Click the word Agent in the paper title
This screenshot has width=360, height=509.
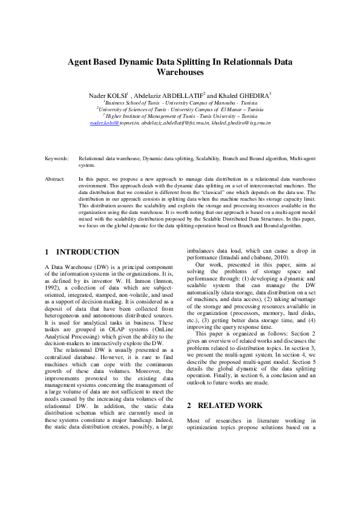(80, 62)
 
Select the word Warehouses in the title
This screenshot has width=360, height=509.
(180, 72)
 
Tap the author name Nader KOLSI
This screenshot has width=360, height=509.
(107, 96)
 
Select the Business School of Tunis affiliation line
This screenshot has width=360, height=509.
(180, 103)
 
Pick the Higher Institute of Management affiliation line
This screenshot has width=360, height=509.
(180, 116)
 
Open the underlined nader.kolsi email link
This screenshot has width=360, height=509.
(104, 123)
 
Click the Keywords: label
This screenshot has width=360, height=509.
(57, 158)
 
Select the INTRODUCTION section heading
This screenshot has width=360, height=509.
(87, 251)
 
